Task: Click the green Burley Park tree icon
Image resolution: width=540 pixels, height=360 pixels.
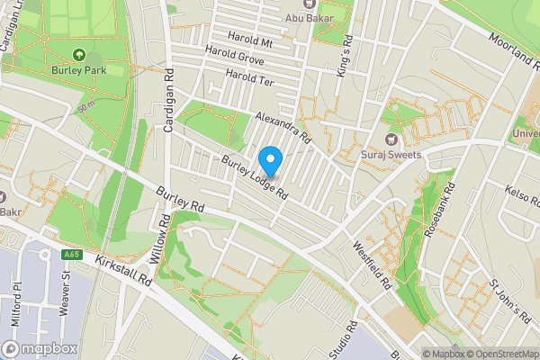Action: [x=78, y=56]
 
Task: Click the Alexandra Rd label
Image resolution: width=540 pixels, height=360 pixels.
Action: [x=282, y=129]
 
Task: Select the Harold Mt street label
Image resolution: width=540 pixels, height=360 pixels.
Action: [x=250, y=41]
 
